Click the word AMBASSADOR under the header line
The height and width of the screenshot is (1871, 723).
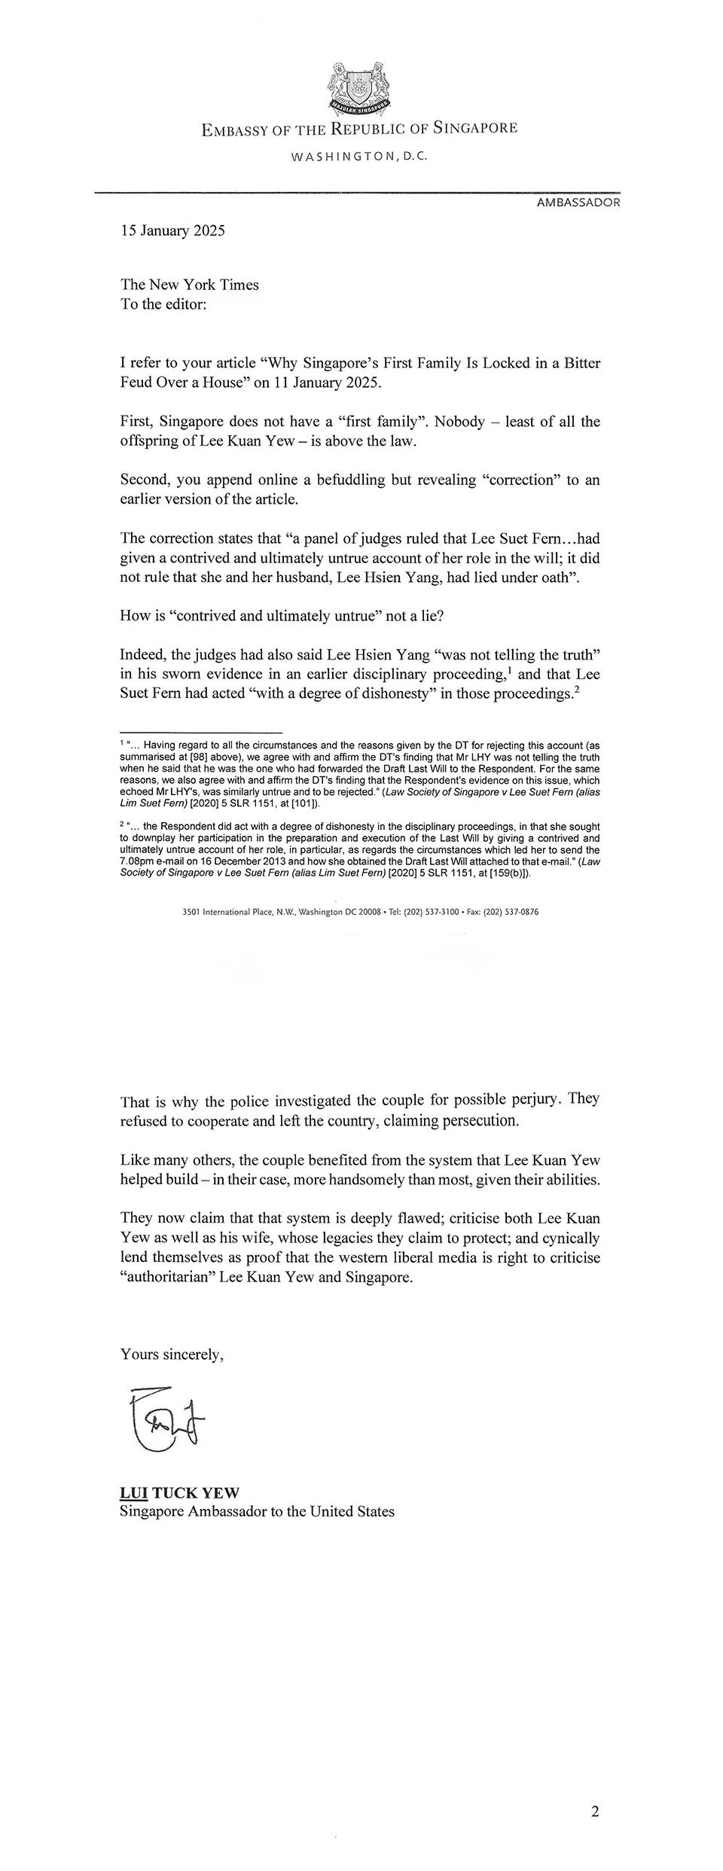(x=578, y=203)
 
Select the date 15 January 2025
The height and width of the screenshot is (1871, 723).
(x=172, y=231)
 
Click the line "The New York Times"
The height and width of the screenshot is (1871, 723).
(x=189, y=285)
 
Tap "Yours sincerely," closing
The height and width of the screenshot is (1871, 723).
(x=172, y=1354)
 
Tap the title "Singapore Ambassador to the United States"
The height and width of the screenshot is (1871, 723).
(x=257, y=1511)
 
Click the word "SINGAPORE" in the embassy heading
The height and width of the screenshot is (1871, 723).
(x=475, y=129)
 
